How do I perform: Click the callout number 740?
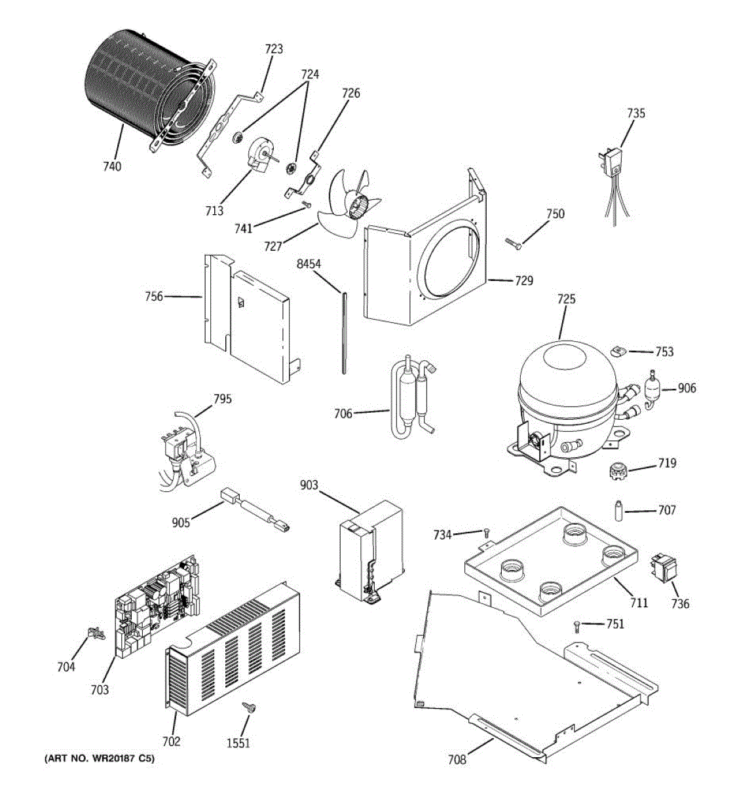[112, 166]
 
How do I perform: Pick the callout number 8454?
[309, 264]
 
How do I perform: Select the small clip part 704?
[96, 633]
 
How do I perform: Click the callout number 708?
[457, 759]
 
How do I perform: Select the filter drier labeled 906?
[652, 388]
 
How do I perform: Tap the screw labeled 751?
[576, 626]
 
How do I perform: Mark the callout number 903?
[309, 485]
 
